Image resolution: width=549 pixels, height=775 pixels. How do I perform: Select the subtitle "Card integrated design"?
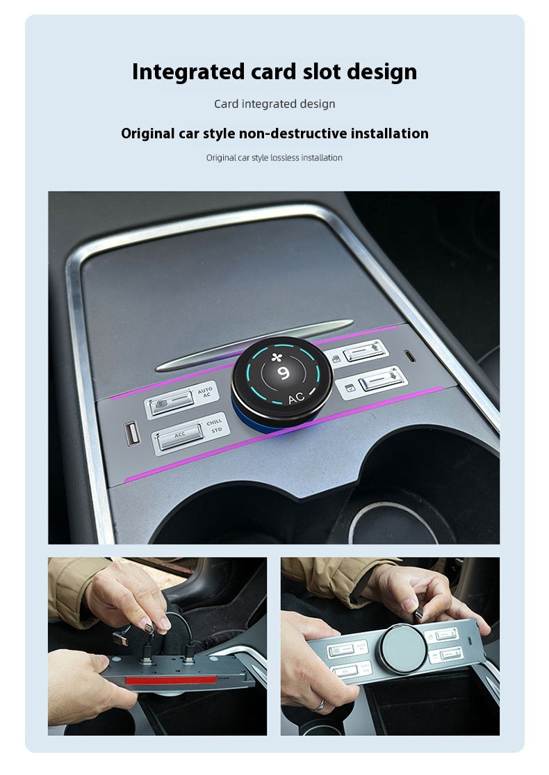[x=274, y=104]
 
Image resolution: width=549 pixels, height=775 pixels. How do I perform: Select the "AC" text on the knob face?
[x=296, y=398]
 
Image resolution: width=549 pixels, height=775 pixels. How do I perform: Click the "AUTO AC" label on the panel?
[x=205, y=393]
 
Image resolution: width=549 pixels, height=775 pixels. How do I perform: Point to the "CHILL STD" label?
[x=215, y=426]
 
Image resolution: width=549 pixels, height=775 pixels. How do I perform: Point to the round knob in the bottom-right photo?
[x=401, y=648]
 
